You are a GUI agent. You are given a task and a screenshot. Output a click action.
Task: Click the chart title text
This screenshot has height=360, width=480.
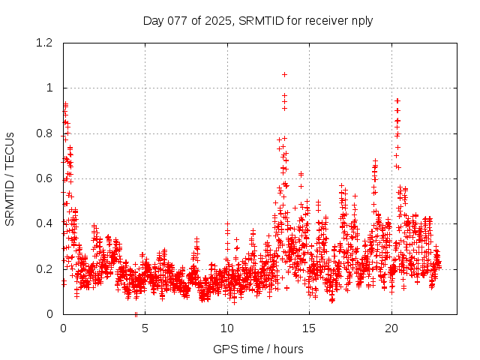pyautogui.click(x=258, y=20)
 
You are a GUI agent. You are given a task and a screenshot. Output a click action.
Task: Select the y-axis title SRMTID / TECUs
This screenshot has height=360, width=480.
pyautogui.click(x=10, y=178)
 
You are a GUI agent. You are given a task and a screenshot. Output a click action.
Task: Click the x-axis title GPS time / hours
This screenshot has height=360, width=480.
pyautogui.click(x=258, y=349)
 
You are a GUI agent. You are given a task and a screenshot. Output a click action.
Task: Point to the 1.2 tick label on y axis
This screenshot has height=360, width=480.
pyautogui.click(x=46, y=43)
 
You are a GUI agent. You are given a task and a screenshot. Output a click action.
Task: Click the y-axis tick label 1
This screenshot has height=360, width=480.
pyautogui.click(x=50, y=88)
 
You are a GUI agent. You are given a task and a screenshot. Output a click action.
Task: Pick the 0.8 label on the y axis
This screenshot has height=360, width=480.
pyautogui.click(x=46, y=133)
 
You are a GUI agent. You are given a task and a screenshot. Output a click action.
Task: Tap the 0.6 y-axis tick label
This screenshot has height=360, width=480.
pyautogui.click(x=46, y=178)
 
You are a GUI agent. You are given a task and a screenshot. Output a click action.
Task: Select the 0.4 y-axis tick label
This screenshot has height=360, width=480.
pyautogui.click(x=46, y=223)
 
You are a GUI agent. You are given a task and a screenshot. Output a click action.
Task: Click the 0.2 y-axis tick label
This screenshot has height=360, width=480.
pyautogui.click(x=46, y=268)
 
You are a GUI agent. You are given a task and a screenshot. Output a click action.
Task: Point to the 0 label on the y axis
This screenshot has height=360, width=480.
pyautogui.click(x=50, y=314)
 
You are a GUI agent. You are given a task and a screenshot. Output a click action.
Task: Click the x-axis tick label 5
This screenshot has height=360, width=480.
pyautogui.click(x=145, y=328)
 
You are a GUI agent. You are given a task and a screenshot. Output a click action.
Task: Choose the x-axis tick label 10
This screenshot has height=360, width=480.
pyautogui.click(x=227, y=328)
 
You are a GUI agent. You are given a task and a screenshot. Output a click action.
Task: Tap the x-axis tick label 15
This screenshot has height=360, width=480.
pyautogui.click(x=310, y=328)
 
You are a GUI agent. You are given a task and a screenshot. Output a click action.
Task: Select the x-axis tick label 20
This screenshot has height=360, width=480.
pyautogui.click(x=391, y=328)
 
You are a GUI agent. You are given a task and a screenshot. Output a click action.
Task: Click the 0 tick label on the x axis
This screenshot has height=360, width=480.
pyautogui.click(x=63, y=328)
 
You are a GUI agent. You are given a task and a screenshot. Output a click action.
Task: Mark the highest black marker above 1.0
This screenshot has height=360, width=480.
pyautogui.click(x=284, y=74)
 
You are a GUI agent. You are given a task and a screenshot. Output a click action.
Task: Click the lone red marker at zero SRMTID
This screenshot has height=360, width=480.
pyautogui.click(x=136, y=314)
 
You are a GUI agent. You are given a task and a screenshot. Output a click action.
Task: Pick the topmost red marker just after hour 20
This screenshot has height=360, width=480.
pyautogui.click(x=397, y=100)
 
